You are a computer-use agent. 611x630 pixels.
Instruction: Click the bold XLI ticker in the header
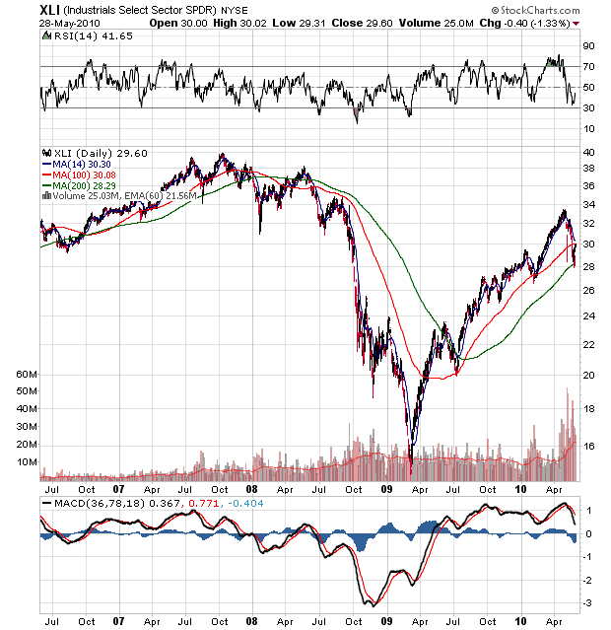coord(51,8)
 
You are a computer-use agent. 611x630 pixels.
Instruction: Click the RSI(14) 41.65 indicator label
coord(81,36)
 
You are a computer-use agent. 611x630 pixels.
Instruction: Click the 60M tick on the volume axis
coord(26,376)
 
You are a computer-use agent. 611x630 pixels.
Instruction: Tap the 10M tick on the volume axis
coord(26,461)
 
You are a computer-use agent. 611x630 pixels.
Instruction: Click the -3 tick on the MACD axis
coord(586,602)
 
